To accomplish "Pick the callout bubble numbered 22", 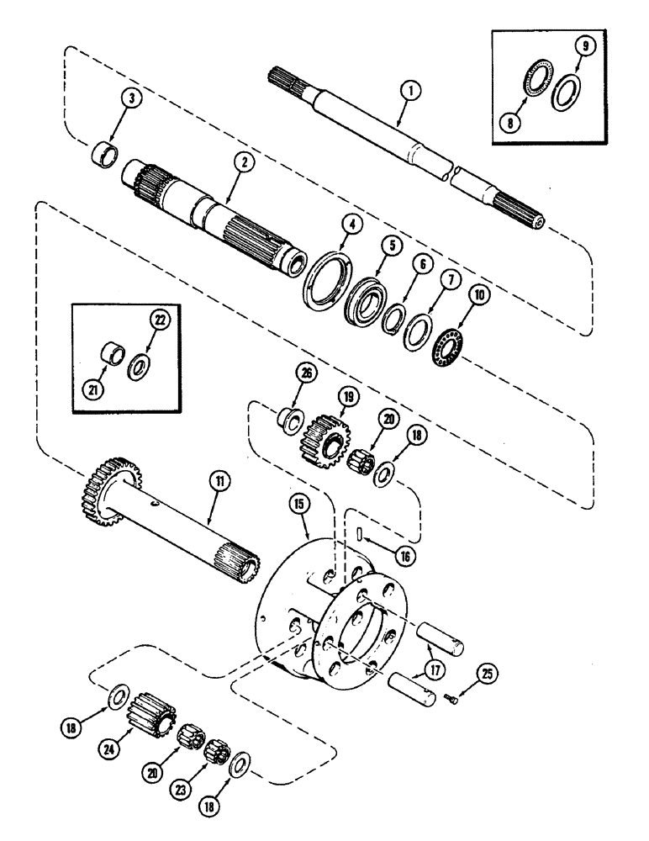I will [158, 319].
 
